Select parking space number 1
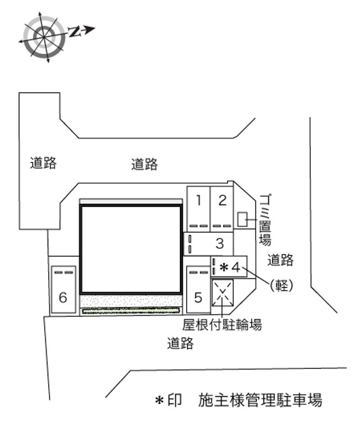pos(198,209)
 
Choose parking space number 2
pos(222,209)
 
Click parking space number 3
pos(208,244)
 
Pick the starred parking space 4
pos(229,267)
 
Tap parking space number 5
pos(198,289)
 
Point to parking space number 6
pos(63,289)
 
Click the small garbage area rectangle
pos(243,219)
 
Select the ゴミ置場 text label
pos(265,220)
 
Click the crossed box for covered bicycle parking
pos(223,293)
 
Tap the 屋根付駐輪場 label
pos(222,325)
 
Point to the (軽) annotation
pos(282,285)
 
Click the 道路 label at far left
pos(43,163)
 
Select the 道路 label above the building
pos(144,164)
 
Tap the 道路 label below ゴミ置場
pos(280,260)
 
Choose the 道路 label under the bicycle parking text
pos(180,343)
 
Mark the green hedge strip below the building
pos(130,311)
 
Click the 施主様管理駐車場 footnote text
pos(260,400)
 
